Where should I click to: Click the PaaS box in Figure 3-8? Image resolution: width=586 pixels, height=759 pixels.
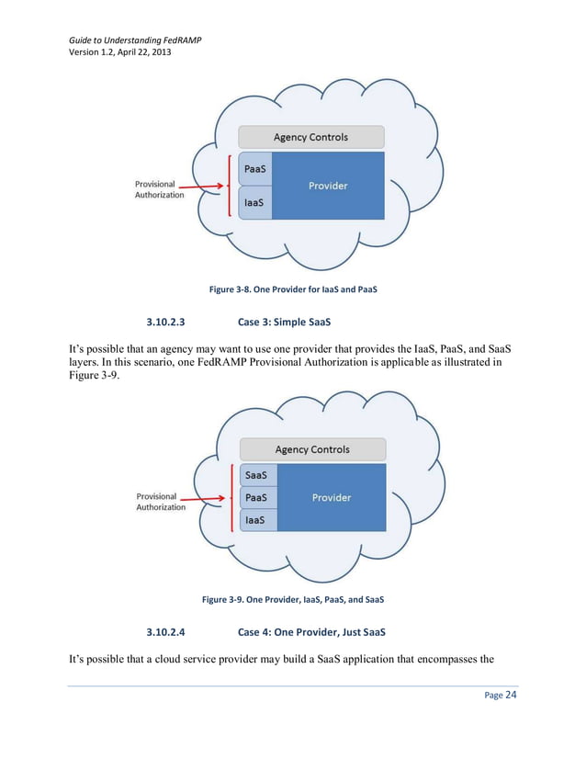point(255,169)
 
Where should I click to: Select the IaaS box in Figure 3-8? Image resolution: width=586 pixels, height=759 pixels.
point(255,202)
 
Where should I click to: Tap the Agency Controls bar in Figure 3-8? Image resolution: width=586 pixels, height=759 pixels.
point(310,137)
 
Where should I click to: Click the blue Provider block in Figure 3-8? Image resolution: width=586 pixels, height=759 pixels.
point(328,186)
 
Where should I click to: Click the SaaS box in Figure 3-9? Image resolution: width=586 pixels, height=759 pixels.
point(257,475)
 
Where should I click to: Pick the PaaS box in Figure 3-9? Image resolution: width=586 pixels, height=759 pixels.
point(257,498)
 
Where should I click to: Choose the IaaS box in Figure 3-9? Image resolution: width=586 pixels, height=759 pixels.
point(257,520)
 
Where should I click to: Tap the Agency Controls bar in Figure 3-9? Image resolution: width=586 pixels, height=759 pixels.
point(312,449)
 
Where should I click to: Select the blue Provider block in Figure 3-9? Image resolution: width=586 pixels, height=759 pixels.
point(332,497)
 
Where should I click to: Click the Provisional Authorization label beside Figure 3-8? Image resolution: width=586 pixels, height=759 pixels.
point(159,189)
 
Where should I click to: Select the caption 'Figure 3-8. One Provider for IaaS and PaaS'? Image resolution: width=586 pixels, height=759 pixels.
point(293,289)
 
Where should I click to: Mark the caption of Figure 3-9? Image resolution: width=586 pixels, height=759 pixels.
point(293,600)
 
